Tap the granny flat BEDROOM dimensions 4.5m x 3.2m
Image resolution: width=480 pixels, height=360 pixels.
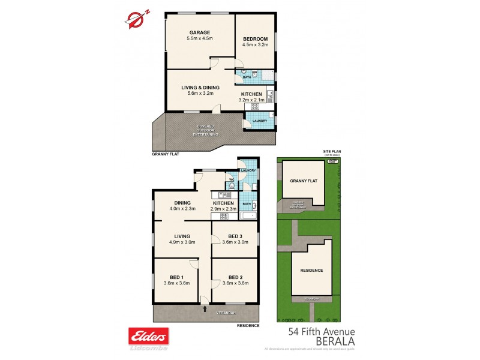click(x=254, y=44)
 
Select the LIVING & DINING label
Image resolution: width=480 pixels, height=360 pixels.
click(x=200, y=87)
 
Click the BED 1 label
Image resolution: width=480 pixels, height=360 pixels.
click(x=176, y=277)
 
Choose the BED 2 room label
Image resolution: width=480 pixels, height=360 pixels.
click(x=235, y=277)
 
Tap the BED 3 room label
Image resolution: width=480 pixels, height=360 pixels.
click(x=235, y=236)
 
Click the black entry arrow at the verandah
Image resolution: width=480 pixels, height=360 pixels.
click(x=206, y=310)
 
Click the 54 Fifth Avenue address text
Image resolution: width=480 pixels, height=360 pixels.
click(x=322, y=331)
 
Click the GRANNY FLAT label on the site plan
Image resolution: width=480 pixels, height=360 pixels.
click(x=302, y=180)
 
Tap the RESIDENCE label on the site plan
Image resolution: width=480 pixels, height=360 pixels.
click(x=311, y=270)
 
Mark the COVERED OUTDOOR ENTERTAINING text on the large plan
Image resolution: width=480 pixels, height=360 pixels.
click(x=206, y=130)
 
